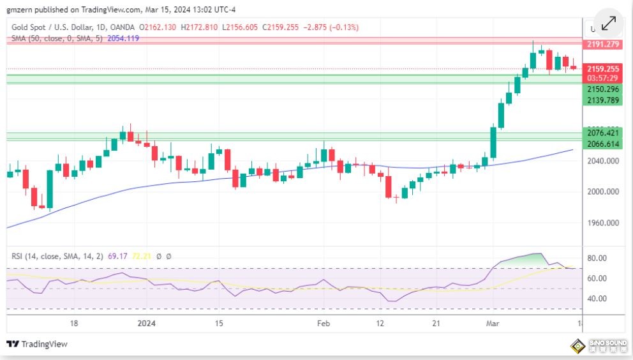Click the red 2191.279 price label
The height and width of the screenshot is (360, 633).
click(602, 44)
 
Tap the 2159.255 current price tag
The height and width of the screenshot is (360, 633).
click(602, 69)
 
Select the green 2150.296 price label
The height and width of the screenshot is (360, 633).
click(602, 89)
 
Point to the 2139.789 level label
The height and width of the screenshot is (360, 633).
click(602, 100)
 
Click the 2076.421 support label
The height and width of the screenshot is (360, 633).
click(602, 133)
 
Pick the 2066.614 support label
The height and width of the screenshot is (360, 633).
click(602, 144)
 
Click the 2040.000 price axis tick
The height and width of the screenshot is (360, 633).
click(603, 161)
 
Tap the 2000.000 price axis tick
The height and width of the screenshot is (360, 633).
click(603, 191)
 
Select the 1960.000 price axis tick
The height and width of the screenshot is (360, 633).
click(603, 223)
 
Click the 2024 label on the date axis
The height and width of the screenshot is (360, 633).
click(147, 324)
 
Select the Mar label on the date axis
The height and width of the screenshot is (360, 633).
click(492, 324)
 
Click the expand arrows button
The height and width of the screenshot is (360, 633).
click(608, 24)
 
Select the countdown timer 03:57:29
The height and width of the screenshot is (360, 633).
click(602, 78)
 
